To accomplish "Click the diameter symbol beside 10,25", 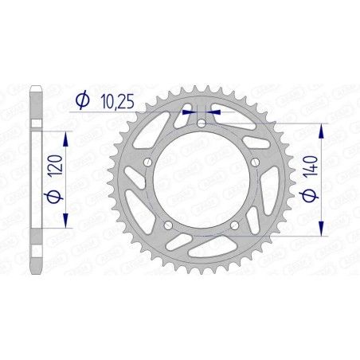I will click(81, 100).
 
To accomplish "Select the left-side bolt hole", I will click(147, 162).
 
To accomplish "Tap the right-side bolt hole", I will click(254, 162).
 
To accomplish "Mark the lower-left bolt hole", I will click(168, 225).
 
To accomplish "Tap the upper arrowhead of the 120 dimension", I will click(65, 136).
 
